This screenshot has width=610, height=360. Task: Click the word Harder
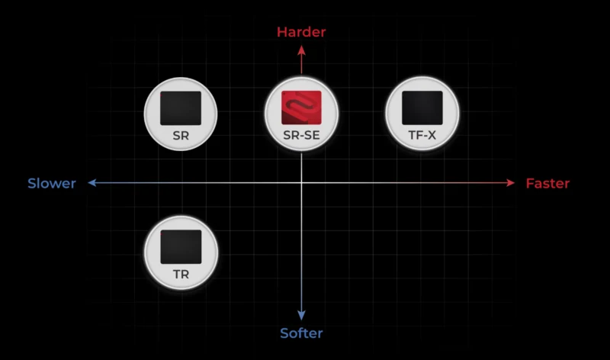301,32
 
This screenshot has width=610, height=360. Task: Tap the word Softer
301,333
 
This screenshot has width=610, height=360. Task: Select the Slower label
52,183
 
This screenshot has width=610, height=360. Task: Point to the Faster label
547,183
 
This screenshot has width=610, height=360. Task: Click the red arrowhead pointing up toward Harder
301,50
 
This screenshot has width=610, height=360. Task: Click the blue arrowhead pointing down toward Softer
301,315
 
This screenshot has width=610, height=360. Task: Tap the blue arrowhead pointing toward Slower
92,183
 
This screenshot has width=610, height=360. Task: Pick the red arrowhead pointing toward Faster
510,183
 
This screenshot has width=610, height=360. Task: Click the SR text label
181,136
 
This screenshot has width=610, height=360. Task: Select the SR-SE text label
301,136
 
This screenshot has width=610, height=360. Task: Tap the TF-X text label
422,136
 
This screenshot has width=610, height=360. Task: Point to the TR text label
181,275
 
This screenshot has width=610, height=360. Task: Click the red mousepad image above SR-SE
301,108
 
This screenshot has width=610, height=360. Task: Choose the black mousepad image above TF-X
422,108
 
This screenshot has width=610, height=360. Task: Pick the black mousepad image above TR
181,247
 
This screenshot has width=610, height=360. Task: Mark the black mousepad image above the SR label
181,108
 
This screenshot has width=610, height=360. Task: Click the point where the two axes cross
301,183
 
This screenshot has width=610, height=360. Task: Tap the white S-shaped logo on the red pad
301,106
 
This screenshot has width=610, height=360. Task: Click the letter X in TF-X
432,136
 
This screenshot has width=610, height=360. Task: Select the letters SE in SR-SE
312,136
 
